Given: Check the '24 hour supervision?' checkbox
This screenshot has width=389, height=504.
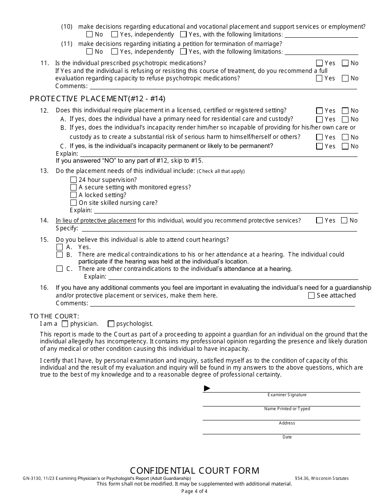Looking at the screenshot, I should [73, 180].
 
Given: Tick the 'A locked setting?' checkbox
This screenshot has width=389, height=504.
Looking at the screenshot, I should [73, 195].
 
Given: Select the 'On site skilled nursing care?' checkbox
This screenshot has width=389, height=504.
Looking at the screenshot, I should [73, 202].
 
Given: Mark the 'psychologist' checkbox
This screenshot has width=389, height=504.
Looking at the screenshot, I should [111, 323].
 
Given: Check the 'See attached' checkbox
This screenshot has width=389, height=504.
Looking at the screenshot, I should [311, 295].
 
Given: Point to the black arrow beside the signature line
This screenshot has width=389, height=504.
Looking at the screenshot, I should [207, 388].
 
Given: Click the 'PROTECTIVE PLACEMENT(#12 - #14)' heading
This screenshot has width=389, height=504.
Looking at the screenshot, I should [97, 98].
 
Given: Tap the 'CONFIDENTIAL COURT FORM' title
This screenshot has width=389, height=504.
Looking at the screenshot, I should [194, 470].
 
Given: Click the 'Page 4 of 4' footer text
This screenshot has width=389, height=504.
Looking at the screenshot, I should [194, 491].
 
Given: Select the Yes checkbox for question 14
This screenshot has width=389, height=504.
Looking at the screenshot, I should [319, 220].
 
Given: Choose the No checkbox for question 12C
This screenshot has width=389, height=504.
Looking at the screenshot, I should [345, 146].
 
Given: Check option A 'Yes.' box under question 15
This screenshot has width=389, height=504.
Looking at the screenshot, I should [59, 247].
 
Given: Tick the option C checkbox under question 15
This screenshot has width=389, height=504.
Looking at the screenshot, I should [59, 269].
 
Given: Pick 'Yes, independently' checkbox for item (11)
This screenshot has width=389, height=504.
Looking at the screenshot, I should [115, 52].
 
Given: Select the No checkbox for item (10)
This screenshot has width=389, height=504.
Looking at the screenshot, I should [90, 34].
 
